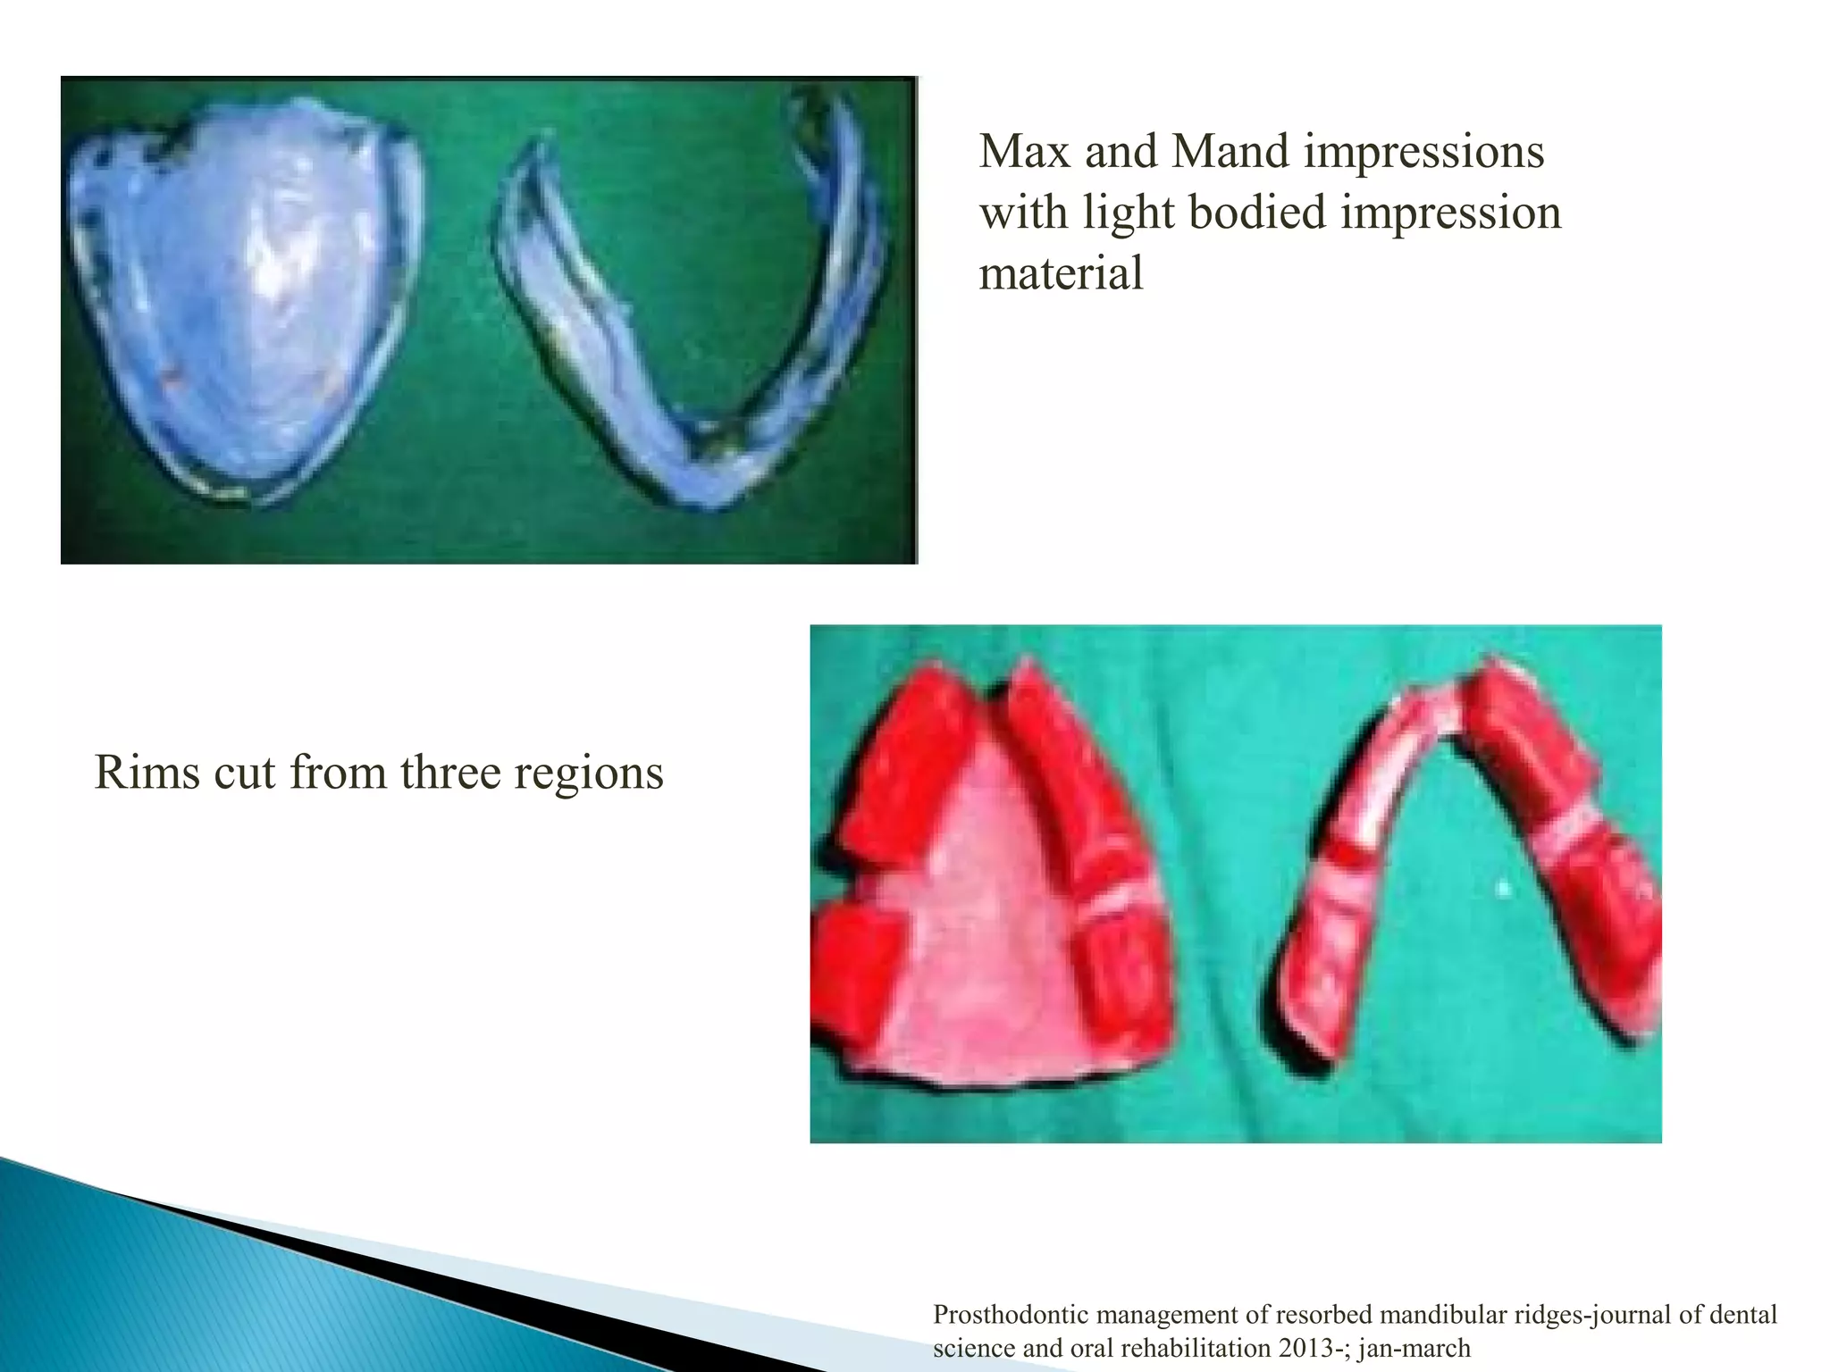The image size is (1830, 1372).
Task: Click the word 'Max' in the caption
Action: pos(1024,152)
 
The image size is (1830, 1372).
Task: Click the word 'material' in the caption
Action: pos(1061,273)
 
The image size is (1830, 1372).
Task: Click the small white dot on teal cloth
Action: pos(1504,889)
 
